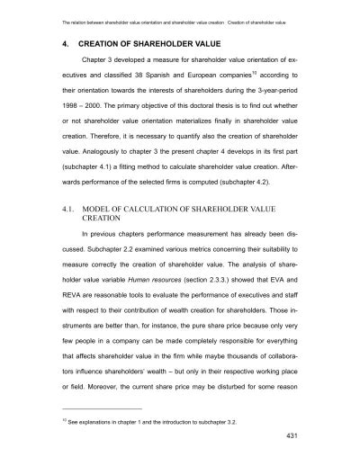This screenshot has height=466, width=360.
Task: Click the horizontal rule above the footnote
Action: [x=99, y=417]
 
